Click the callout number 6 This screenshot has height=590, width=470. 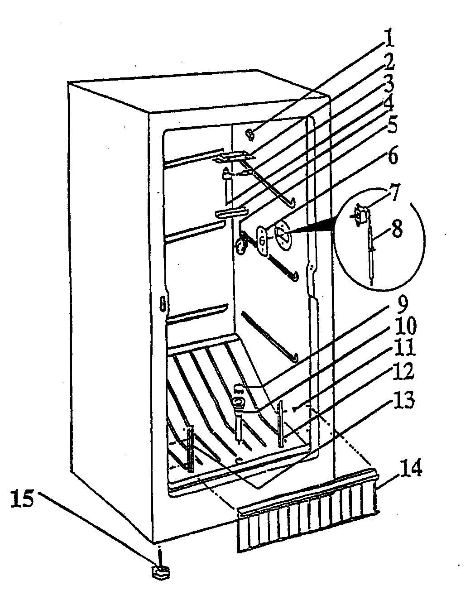point(392,156)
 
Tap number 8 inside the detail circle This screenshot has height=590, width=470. point(397,229)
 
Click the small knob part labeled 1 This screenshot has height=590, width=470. point(250,133)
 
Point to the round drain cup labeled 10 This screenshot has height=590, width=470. point(238,401)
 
